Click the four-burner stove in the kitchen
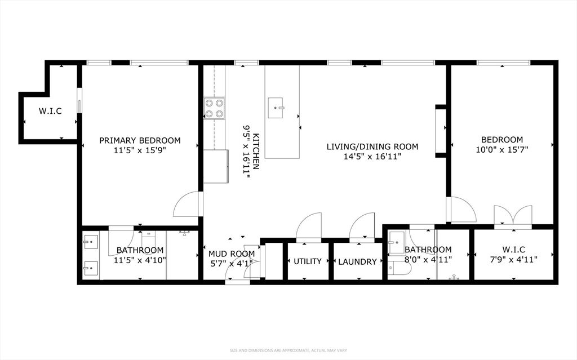point(215,109)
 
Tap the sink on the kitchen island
point(275,108)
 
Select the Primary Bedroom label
point(140,140)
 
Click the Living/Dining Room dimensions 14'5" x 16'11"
point(372,157)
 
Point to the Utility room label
point(308,261)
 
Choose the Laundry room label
point(357,262)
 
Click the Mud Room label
point(232,254)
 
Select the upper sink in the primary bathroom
point(91,242)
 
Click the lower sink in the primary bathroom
point(91,268)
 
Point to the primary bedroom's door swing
point(186,204)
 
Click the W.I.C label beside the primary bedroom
point(50,111)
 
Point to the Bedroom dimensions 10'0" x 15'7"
point(502,149)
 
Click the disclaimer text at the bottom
point(288,350)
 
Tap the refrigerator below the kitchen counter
point(216,166)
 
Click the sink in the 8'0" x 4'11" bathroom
point(396,243)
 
